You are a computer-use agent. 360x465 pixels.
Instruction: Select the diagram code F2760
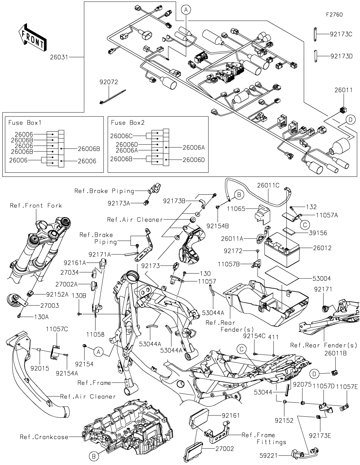coord(334,15)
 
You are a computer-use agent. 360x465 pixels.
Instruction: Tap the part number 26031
coord(59,57)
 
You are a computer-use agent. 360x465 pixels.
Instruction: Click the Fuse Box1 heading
coord(25,122)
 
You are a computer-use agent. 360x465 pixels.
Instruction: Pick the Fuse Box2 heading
coord(128,122)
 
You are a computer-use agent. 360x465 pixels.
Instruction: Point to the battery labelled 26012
coord(282,250)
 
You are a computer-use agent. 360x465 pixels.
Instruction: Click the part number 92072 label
coord(109,82)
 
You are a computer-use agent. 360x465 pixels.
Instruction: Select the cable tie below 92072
coord(112,97)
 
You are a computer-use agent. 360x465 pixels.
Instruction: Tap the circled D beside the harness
coord(350,119)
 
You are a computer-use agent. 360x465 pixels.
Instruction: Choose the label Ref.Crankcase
coord(44,437)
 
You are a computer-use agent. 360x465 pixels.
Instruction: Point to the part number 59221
coord(269,456)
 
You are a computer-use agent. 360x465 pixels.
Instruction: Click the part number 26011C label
coord(268,185)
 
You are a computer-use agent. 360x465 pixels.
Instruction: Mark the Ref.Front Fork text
coord(36,206)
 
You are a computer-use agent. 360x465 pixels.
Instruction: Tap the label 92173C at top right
coord(341,34)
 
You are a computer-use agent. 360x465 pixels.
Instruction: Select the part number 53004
coord(322,279)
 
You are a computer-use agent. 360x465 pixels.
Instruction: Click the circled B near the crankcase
coord(94,457)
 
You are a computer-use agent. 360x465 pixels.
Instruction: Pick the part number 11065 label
coord(236,209)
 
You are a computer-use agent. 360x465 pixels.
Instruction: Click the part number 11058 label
coord(95,334)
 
